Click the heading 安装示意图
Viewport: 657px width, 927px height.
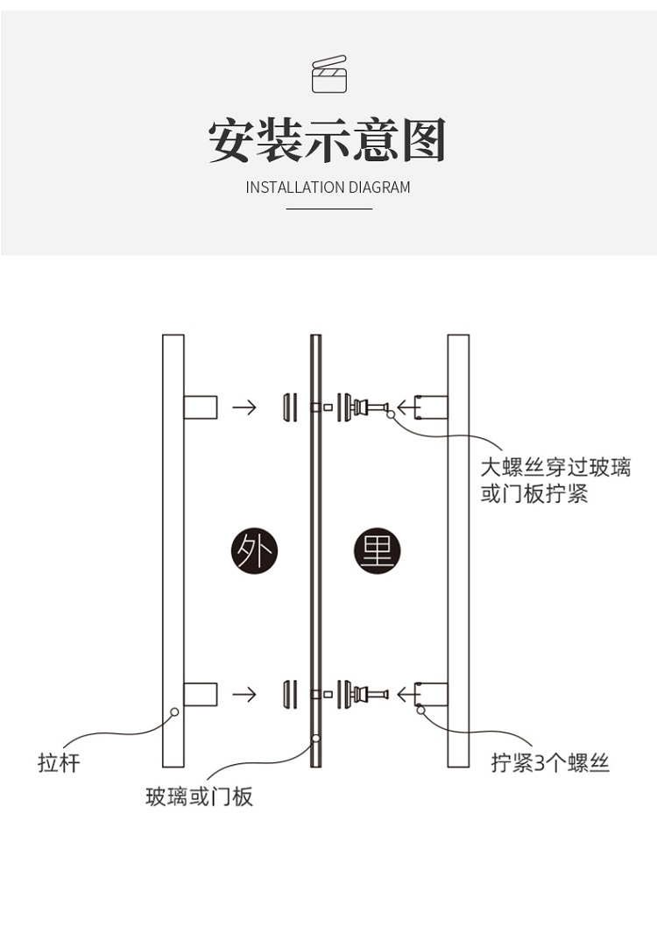click(x=328, y=141)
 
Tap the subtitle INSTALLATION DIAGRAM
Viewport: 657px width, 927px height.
click(x=328, y=188)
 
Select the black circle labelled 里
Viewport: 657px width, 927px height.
click(x=377, y=551)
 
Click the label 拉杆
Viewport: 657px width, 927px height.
click(x=59, y=762)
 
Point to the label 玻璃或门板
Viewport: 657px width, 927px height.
click(x=199, y=796)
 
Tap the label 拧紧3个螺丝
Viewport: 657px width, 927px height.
click(x=550, y=762)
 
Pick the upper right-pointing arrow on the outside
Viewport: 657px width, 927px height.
click(x=244, y=407)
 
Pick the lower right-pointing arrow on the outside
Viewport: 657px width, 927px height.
click(x=244, y=695)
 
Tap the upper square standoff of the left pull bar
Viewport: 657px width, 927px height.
click(x=201, y=407)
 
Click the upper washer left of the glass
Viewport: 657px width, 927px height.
click(x=286, y=407)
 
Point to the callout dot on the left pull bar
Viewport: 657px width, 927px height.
click(x=174, y=712)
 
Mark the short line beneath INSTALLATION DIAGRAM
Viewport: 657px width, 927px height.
click(x=328, y=209)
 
